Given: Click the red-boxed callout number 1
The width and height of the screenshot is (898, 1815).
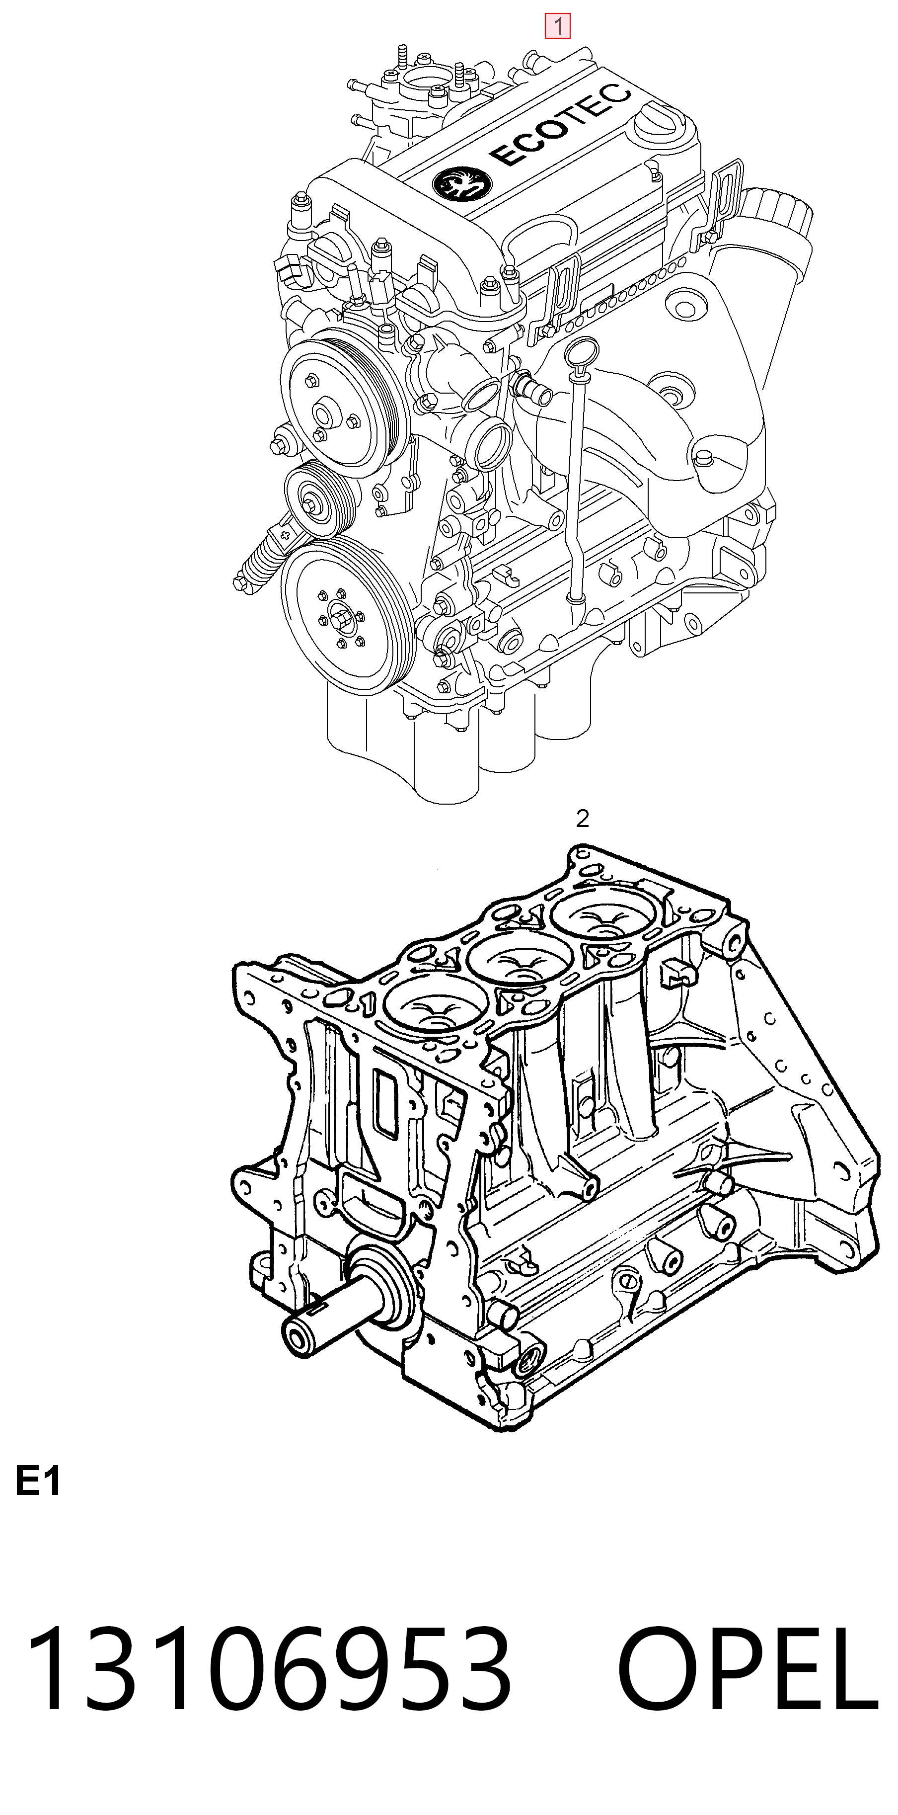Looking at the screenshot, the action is pyautogui.click(x=558, y=26).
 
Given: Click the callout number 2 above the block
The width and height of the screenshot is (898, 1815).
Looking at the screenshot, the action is pyautogui.click(x=582, y=819).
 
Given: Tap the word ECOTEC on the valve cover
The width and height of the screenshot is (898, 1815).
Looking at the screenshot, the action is pyautogui.click(x=560, y=124).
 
